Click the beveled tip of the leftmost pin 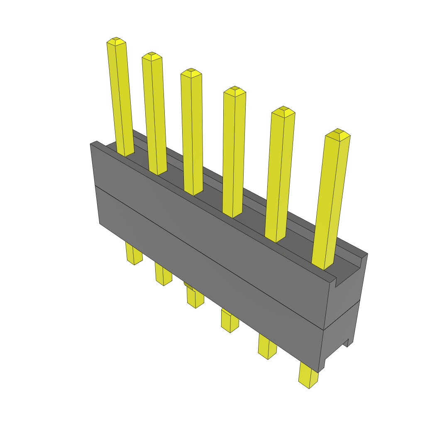tap(116, 40)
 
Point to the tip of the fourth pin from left tap(234, 90)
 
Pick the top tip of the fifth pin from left tap(283, 110)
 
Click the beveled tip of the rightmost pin tap(337, 133)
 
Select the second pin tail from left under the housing tap(163, 274)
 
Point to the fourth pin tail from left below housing tap(230, 321)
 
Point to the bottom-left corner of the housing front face tap(100, 223)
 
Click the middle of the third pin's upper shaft tap(192, 133)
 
